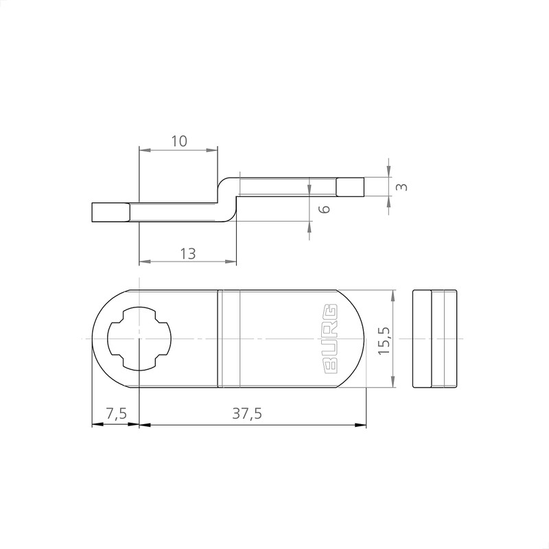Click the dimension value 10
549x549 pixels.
point(178,141)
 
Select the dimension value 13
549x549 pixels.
point(187,253)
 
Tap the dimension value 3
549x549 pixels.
point(403,187)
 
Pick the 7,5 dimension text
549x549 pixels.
point(115,414)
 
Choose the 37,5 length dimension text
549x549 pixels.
point(247,414)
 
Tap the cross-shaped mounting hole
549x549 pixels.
point(139,339)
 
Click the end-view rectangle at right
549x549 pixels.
point(434,339)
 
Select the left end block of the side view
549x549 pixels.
point(110,213)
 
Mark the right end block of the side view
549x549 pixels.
point(349,187)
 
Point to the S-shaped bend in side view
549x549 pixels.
point(229,199)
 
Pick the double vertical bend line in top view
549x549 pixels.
point(218,339)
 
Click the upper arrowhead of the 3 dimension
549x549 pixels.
point(388,171)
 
